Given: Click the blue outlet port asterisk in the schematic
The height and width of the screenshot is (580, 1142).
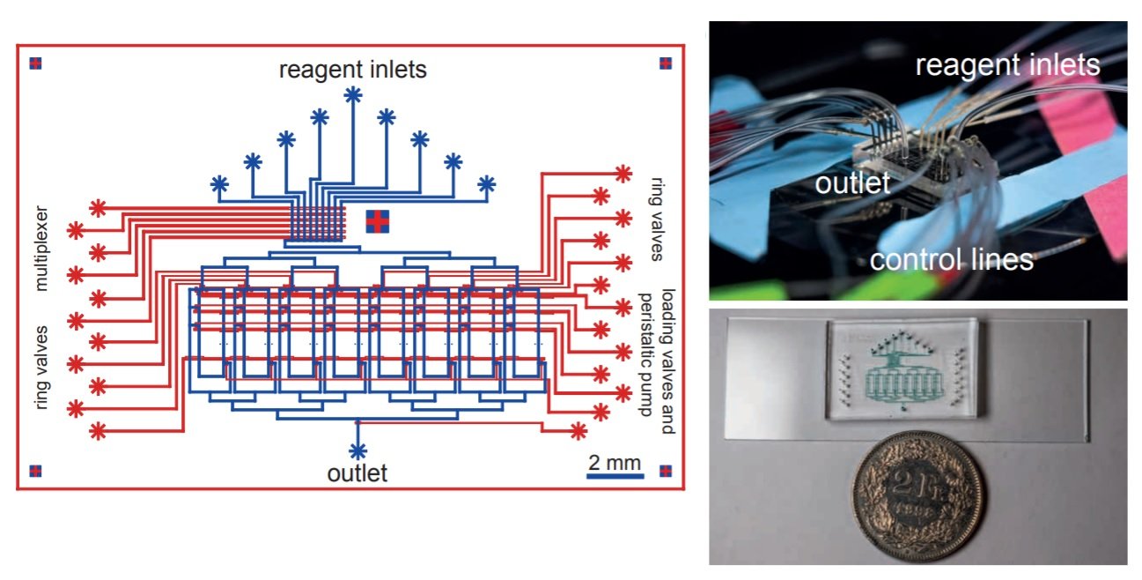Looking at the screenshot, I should [x=357, y=450].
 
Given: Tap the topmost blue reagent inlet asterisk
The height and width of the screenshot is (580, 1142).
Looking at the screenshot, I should [x=353, y=94].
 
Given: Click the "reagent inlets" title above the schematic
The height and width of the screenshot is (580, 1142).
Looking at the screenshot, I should [x=352, y=70].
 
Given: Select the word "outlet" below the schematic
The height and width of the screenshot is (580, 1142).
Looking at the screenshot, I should [x=357, y=473].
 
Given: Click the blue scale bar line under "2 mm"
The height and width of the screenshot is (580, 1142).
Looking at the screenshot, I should [x=615, y=476].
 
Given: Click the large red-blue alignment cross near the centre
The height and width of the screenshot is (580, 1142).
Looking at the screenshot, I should [x=377, y=222].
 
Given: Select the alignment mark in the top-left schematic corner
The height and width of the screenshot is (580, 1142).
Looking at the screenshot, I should [x=35, y=63].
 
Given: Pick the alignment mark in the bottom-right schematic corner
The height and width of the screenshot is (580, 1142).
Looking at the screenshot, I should [x=665, y=470].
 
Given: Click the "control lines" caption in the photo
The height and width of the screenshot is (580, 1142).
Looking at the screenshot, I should [x=951, y=259].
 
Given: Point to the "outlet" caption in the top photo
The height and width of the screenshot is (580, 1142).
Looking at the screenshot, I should [x=852, y=183].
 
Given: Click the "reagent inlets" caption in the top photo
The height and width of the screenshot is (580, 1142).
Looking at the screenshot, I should [x=1007, y=65].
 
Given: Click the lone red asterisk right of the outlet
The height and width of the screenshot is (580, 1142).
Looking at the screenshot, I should [x=578, y=431].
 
